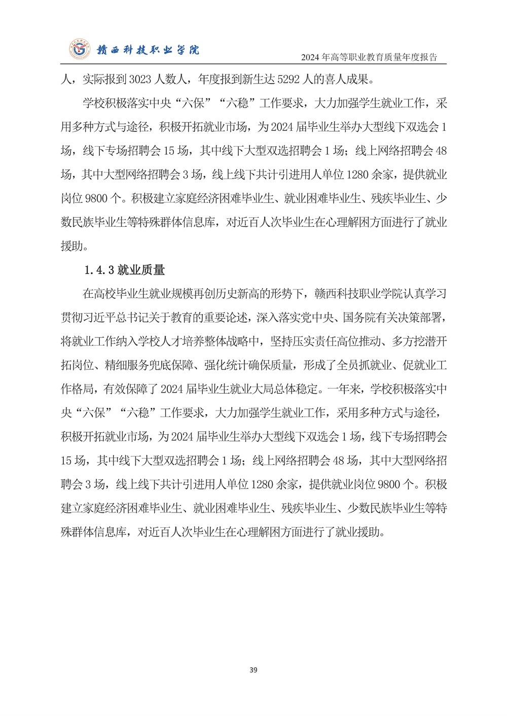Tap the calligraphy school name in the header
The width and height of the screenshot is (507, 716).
coord(145,50)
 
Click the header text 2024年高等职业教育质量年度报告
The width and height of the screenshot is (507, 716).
coord(369,57)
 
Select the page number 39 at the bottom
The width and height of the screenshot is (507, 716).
coord(253,670)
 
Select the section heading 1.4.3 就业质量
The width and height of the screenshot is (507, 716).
coord(124,270)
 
